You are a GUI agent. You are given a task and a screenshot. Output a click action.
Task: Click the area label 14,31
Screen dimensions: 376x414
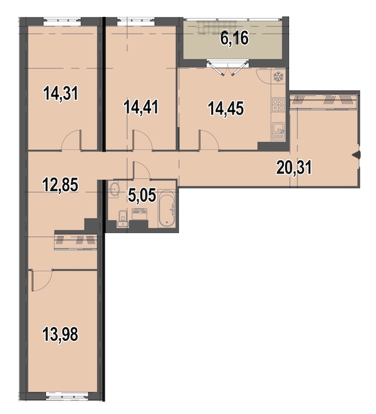[61, 94]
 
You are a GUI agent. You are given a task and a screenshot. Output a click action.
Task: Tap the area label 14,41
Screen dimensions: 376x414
[142, 107]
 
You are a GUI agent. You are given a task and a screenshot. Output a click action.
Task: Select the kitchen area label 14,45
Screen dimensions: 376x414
[226, 108]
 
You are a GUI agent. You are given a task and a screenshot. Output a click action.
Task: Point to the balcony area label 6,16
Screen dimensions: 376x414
[234, 39]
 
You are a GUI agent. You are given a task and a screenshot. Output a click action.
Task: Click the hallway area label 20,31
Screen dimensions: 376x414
[294, 167]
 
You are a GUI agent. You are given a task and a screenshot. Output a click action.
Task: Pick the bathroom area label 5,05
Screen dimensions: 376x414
[142, 195]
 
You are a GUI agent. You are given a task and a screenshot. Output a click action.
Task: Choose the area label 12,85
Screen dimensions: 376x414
[61, 184]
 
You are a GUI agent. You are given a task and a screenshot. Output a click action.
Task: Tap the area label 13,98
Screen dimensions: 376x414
[60, 334]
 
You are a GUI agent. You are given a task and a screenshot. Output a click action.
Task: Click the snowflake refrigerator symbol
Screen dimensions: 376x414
[278, 77]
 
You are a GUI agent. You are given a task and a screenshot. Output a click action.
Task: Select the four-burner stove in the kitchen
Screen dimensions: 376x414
[278, 105]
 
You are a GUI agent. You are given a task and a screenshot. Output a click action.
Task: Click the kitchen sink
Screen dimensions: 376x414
[278, 132]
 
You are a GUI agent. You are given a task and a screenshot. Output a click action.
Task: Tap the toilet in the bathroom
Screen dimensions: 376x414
[123, 219]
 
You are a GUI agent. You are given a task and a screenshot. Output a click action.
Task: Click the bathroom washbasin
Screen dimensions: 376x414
[114, 189]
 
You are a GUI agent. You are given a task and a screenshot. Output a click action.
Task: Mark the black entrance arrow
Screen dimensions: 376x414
[356, 155]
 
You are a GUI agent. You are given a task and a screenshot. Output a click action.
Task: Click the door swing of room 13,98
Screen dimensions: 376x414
[42, 281]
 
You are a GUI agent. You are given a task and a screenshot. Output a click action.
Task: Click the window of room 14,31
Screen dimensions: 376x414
[62, 21]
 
